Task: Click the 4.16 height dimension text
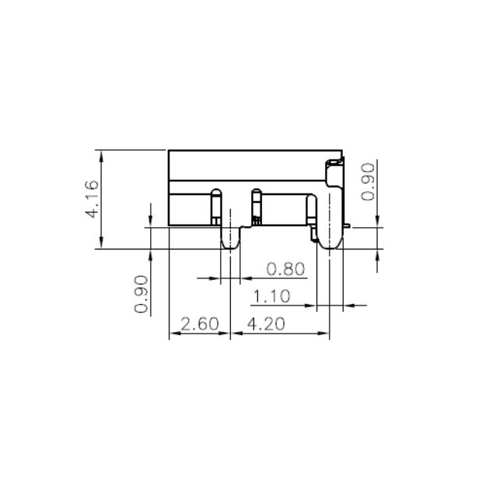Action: click(91, 199)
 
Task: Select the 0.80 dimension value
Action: click(285, 270)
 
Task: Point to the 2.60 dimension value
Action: click(200, 323)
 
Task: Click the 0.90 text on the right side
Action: click(368, 181)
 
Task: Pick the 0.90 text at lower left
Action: click(141, 295)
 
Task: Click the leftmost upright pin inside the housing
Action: click(216, 206)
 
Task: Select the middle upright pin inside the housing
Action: click(255, 206)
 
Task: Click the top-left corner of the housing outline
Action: click(169, 151)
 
